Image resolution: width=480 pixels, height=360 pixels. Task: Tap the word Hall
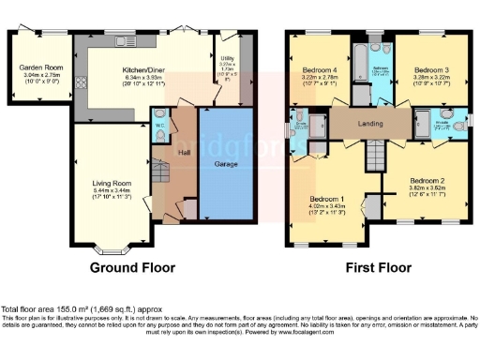pos(185,153)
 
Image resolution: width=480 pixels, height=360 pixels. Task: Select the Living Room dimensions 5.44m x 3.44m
pos(111,190)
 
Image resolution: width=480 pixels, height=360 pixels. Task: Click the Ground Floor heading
pos(132,267)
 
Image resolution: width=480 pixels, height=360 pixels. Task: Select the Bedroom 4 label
pos(320,70)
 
